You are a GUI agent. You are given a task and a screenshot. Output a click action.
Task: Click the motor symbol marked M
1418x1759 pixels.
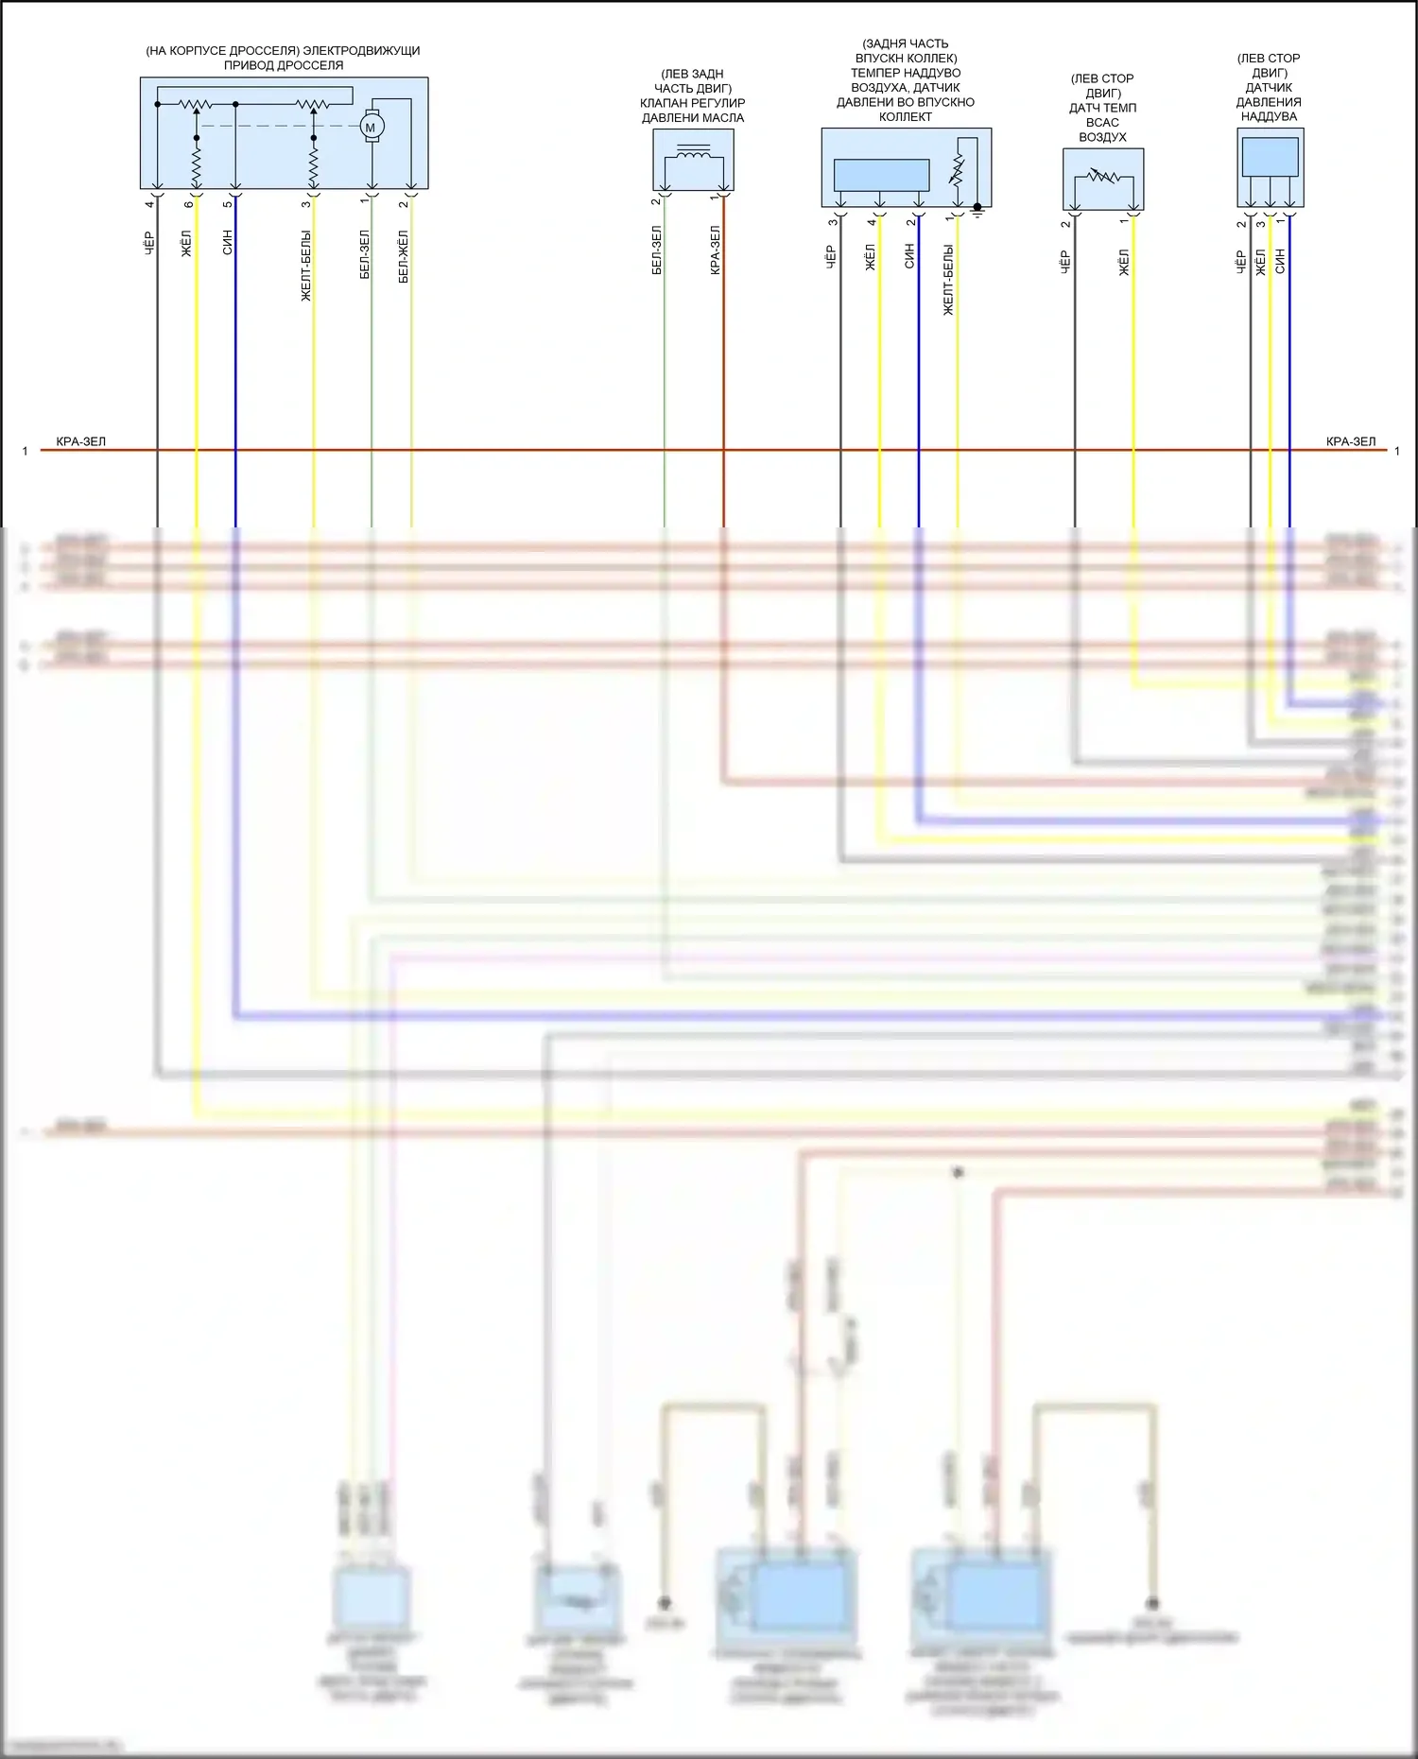point(371,127)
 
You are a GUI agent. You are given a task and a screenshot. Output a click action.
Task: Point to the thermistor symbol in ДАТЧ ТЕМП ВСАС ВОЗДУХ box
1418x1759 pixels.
point(1102,177)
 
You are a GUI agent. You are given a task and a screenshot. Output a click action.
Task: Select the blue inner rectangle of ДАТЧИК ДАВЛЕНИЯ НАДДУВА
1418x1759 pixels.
point(1270,156)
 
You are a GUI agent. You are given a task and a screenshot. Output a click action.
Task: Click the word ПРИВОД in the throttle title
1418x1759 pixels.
point(244,66)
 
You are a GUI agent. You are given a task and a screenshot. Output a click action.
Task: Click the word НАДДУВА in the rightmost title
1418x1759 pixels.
point(1269,116)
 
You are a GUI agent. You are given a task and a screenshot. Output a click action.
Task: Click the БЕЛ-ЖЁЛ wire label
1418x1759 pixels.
point(404,256)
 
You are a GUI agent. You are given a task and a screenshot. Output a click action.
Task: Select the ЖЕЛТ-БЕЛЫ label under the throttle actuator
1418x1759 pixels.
point(306,266)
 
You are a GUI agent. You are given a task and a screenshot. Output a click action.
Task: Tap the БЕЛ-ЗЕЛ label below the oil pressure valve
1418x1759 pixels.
point(657,250)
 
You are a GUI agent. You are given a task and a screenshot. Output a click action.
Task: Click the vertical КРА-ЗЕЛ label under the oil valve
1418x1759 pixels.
point(716,250)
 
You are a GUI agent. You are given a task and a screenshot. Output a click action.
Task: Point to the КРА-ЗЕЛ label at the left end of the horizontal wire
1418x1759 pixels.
point(81,441)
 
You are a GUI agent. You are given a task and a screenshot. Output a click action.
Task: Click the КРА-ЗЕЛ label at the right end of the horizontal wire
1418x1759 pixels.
point(1351,441)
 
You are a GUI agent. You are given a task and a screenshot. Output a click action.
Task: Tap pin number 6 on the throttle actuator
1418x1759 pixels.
point(189,204)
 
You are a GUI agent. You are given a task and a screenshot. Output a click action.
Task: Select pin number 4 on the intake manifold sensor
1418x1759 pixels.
point(872,223)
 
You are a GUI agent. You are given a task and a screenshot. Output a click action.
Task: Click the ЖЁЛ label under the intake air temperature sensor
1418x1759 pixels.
point(1125,263)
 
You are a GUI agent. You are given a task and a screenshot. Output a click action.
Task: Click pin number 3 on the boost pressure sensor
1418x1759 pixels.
point(1261,224)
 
